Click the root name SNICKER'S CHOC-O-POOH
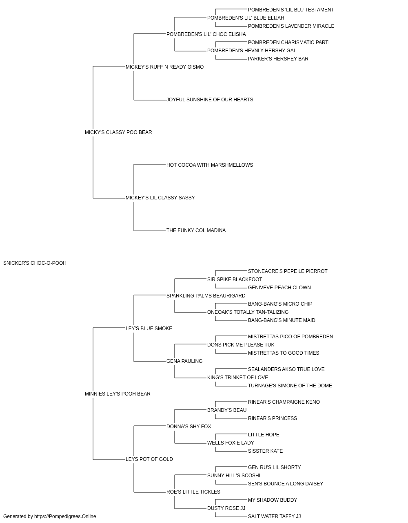coord(35,263)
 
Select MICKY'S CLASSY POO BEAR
coord(118,132)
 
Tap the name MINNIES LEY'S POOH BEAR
coord(118,394)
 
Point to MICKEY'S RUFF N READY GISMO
coord(164,67)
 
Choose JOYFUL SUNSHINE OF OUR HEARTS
coord(210,100)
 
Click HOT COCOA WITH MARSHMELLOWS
coord(210,165)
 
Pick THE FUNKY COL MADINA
coord(196,230)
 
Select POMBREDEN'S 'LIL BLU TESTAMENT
coord(291,10)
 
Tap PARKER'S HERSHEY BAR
coord(278,59)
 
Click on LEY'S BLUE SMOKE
coord(149,329)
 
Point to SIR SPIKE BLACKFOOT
coord(235,279)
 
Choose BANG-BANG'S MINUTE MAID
coord(282,320)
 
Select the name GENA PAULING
coord(184,361)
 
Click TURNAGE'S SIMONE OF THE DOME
coord(290,386)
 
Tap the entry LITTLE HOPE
coord(264,435)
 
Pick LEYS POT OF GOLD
coord(149,459)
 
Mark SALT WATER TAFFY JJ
coord(275,516)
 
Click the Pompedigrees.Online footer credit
coord(50,516)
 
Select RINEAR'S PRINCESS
coord(273,418)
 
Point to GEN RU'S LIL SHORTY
coord(275,467)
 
